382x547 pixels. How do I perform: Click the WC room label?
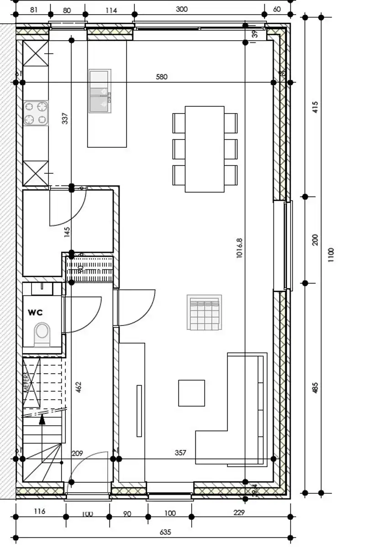pos(35,312)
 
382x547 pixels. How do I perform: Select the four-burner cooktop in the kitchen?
pos(36,113)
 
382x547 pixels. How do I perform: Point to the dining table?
pos(204,149)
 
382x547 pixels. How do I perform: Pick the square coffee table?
pos(191,392)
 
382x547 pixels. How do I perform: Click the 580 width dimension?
pos(162,77)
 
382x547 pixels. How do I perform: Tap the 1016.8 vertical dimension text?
pos(239,248)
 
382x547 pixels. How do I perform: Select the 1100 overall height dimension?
pos(331,254)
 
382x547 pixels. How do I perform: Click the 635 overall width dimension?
pos(165,532)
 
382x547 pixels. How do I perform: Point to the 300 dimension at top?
pos(182,9)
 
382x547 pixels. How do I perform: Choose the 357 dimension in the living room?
pos(180,453)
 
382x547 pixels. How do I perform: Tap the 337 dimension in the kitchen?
pos(65,119)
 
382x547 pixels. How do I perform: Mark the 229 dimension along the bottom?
pos(239,512)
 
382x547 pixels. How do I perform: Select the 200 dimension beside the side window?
pos(315,240)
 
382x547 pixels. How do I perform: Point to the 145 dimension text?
pos(67,232)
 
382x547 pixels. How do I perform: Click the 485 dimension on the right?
pos(315,387)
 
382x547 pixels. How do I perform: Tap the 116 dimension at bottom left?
pos(40,511)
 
